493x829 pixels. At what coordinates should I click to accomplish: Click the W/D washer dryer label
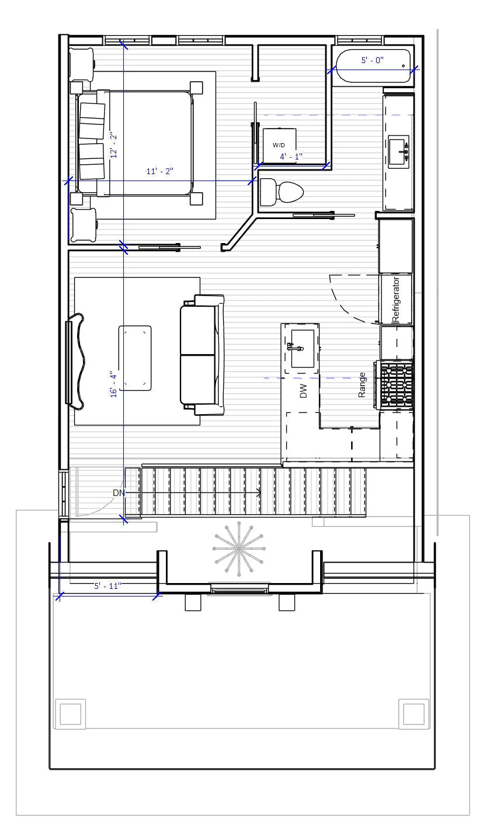tap(279, 145)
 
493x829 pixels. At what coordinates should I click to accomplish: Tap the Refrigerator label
tap(396, 300)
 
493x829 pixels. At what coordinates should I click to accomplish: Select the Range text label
tap(362, 385)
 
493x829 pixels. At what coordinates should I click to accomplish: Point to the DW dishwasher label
tap(303, 391)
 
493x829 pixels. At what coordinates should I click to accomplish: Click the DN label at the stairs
tap(119, 493)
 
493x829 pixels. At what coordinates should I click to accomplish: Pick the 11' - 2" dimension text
tap(159, 171)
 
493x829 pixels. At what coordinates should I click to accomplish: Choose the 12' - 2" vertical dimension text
tap(114, 145)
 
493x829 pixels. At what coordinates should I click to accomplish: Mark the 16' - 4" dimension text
tap(114, 384)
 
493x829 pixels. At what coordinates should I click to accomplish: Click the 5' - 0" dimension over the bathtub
tap(372, 60)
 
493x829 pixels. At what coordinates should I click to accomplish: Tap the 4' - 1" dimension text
tap(291, 157)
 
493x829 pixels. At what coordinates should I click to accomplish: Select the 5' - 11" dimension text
tap(107, 585)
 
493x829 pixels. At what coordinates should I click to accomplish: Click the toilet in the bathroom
tap(282, 192)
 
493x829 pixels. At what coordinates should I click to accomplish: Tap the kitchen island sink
tap(302, 349)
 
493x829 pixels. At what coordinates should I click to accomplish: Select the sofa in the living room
tap(202, 355)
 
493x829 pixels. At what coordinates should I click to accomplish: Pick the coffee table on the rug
tap(135, 358)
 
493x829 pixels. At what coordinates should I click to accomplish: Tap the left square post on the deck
tap(70, 713)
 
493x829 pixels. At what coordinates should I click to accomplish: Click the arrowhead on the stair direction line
tap(258, 494)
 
